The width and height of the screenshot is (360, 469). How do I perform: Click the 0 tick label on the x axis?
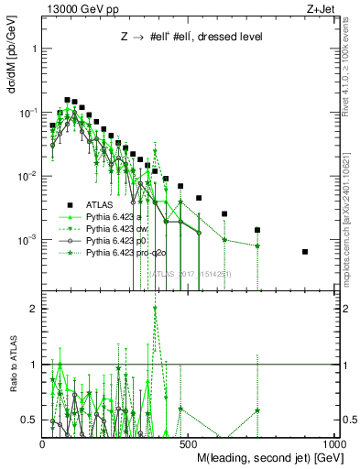(43, 443)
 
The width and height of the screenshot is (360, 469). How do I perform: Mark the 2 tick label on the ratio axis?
(33, 309)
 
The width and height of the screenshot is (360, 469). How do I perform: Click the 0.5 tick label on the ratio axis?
(29, 420)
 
